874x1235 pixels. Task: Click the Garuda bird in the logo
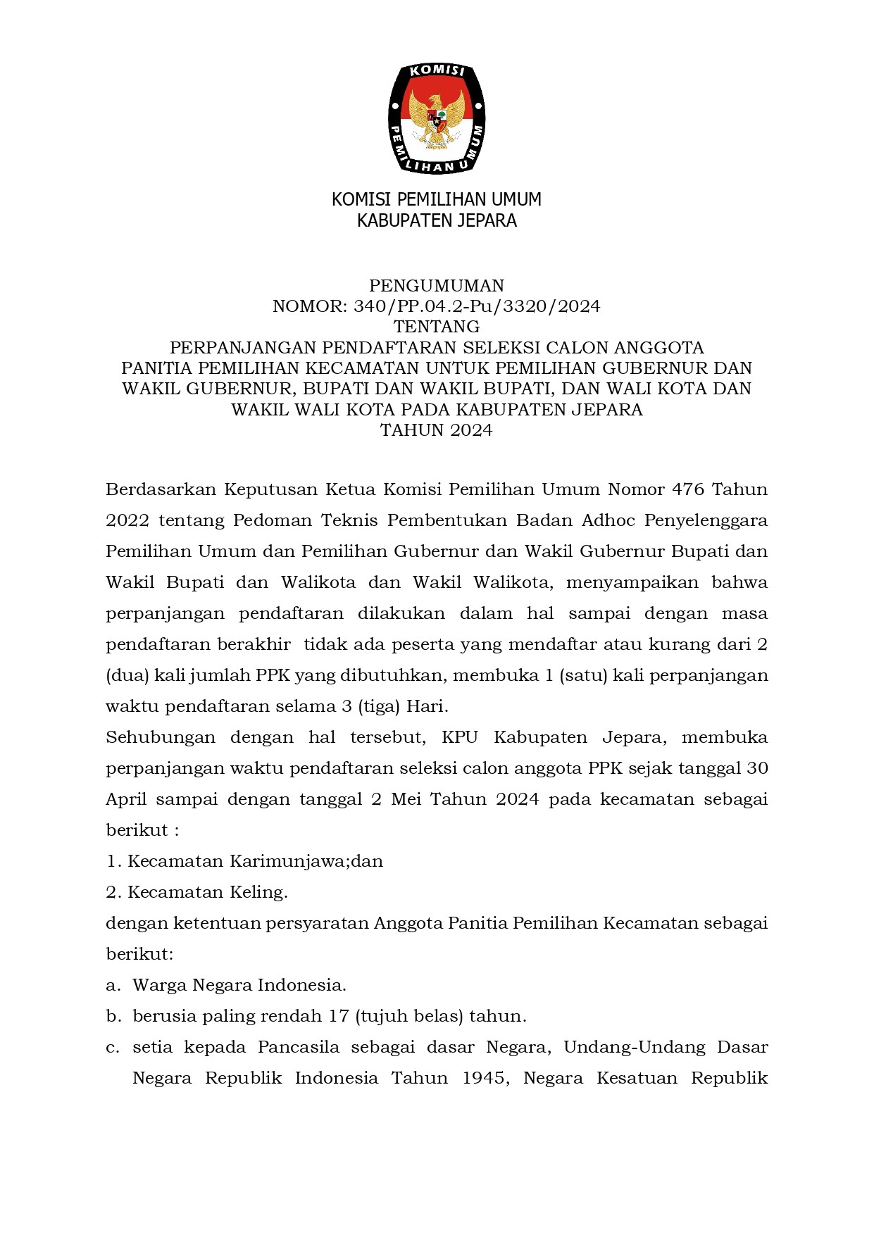pyautogui.click(x=437, y=118)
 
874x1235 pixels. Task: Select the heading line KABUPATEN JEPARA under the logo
pyautogui.click(x=437, y=220)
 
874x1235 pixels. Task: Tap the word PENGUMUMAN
pyautogui.click(x=437, y=285)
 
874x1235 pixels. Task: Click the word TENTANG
pyautogui.click(x=437, y=327)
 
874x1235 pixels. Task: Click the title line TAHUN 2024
pyautogui.click(x=437, y=430)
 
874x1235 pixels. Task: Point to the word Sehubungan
pyautogui.click(x=160, y=737)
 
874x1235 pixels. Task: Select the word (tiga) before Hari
pyautogui.click(x=377, y=706)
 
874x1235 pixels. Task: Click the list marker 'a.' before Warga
pyautogui.click(x=113, y=985)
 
